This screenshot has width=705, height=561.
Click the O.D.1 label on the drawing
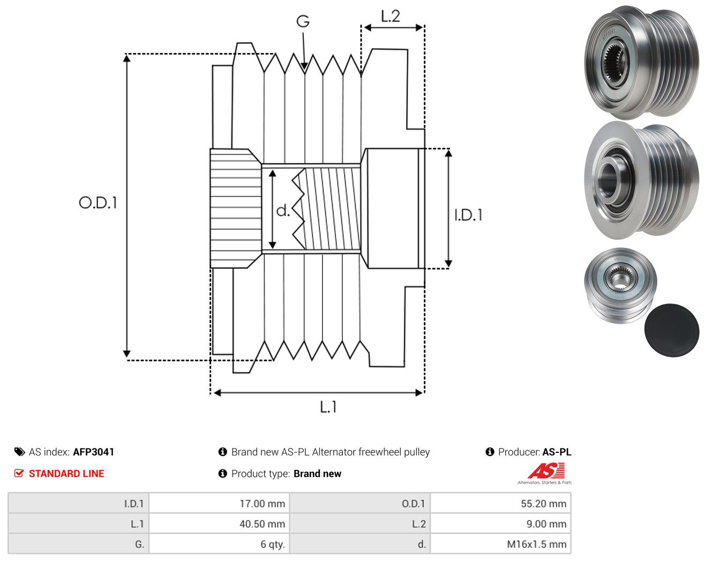click(x=98, y=202)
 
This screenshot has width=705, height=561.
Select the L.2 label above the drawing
click(x=390, y=16)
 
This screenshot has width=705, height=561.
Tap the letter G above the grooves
click(x=303, y=21)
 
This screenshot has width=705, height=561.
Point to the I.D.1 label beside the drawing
click(x=468, y=215)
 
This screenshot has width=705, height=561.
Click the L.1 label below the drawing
click(x=328, y=407)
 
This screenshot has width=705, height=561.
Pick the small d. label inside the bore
click(x=283, y=210)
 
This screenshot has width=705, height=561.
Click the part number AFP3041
click(x=93, y=452)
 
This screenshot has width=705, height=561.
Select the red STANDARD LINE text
click(x=66, y=474)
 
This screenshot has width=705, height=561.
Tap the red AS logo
click(x=546, y=471)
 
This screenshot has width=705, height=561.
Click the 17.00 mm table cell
click(x=219, y=503)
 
